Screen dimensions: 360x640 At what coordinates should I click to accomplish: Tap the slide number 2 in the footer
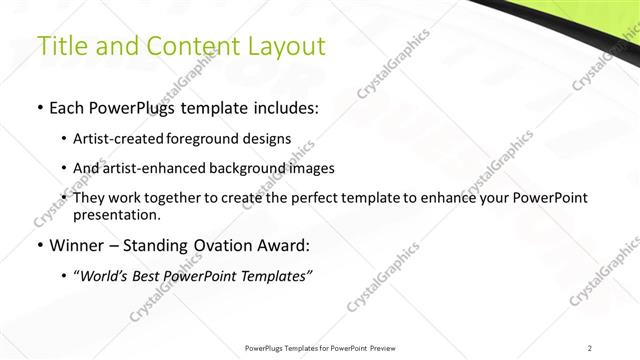pos(590,347)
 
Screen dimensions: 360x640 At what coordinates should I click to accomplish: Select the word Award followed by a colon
pos(283,245)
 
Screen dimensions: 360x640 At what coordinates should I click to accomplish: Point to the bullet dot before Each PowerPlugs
pos(39,108)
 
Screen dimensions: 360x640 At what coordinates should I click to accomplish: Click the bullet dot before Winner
pos(39,245)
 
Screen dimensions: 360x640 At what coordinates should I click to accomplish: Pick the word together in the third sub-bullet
pos(177,198)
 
